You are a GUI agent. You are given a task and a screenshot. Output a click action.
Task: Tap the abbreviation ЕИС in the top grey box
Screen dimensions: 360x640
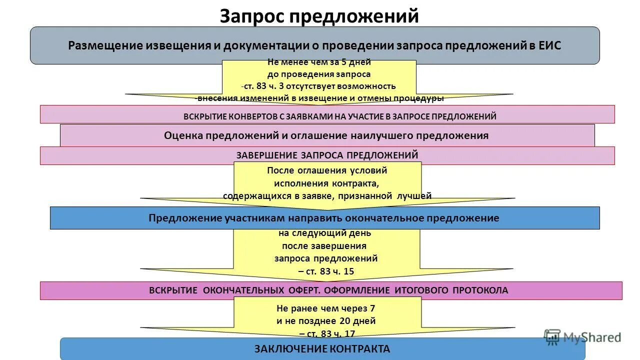tap(549, 45)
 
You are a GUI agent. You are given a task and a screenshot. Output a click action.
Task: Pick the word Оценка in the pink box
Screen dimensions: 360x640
tap(181, 135)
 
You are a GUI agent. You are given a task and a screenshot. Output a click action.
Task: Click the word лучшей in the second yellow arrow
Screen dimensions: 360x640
tap(414, 195)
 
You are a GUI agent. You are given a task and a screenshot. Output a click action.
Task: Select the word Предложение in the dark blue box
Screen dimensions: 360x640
tap(182, 218)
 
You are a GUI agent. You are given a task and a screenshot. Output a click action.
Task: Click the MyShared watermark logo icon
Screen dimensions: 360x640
tap(552, 337)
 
